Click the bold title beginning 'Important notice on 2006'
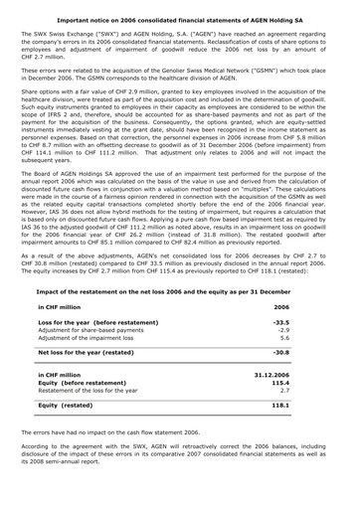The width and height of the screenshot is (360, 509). click(x=179, y=17)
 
